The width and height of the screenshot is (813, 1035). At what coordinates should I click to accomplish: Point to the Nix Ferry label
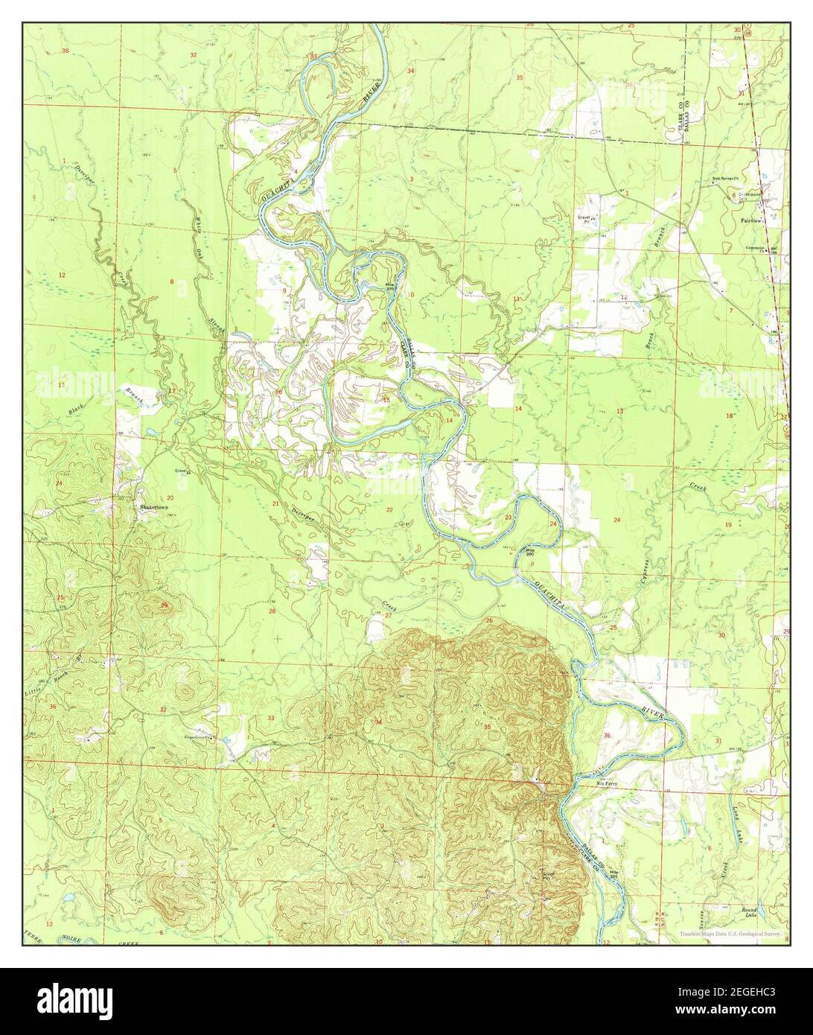pyautogui.click(x=608, y=783)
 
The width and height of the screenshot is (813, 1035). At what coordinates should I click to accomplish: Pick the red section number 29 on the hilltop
pyautogui.click(x=165, y=606)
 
